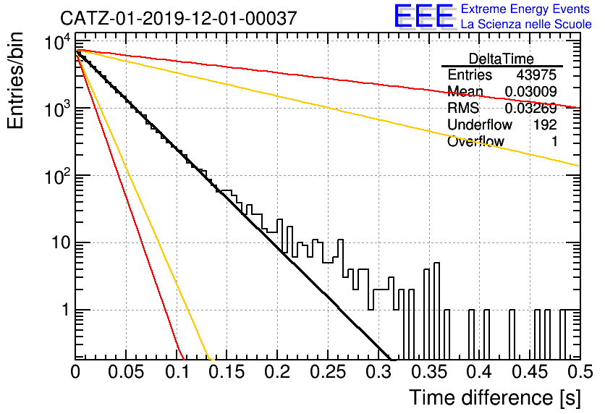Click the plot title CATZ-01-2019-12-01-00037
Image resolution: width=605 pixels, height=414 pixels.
pos(179,18)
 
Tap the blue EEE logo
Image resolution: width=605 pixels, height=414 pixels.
pos(423,16)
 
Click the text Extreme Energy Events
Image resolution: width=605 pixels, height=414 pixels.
pos(525,9)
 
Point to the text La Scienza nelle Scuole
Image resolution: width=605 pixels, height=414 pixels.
pos(526,25)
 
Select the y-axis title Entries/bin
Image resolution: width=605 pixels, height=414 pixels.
pos(15,80)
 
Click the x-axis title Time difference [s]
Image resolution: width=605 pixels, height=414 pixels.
pos(495,398)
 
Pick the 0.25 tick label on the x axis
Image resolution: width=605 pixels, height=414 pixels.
pos(328,372)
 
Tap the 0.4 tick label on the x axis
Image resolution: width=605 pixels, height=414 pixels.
pos(480,372)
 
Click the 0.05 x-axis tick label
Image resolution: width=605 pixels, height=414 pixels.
pos(126,372)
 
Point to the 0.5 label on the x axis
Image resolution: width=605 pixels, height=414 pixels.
pos(580,372)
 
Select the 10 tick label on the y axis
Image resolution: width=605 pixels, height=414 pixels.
pos(60,242)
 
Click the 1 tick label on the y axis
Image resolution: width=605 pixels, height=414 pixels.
pos(66,310)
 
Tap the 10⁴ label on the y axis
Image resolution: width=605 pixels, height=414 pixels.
pos(57,42)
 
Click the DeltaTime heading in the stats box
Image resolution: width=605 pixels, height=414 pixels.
pos(502,59)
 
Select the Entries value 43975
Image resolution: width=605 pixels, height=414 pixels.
pos(536,75)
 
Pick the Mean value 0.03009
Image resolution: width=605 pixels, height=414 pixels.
pos(531,91)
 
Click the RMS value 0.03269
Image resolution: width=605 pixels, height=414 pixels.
pos(531,108)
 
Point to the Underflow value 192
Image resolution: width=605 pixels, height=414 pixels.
pos(545,124)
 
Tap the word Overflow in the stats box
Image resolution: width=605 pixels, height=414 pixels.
pos(475,141)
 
